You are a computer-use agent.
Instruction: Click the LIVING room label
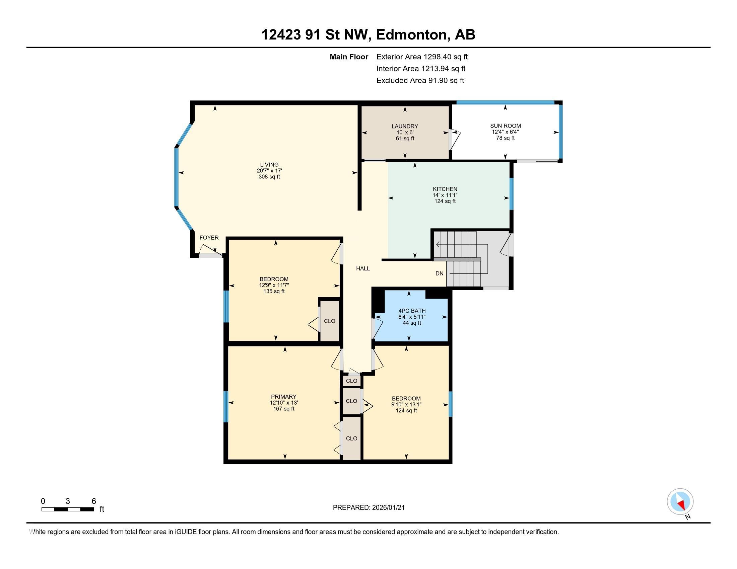tap(269, 165)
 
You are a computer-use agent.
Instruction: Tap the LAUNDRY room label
tap(405, 127)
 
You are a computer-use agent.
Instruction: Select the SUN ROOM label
tap(505, 126)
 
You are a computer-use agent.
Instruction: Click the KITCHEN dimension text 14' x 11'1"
tap(445, 195)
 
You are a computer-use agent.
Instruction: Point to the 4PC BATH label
tap(412, 311)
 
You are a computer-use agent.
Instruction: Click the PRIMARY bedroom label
tap(283, 397)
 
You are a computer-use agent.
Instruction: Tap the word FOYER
tap(209, 238)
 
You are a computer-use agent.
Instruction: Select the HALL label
tap(363, 269)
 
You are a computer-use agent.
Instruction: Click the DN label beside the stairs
tap(439, 274)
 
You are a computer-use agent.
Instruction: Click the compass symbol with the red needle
tap(680, 501)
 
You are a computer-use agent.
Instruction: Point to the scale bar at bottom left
tap(67, 509)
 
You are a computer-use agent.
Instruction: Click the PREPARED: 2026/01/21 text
tap(368, 508)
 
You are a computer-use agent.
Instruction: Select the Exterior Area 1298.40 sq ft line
tap(422, 57)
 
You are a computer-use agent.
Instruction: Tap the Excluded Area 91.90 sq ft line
tap(420, 81)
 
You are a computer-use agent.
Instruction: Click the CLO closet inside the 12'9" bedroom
tap(329, 321)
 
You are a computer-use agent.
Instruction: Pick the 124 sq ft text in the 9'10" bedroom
tap(406, 411)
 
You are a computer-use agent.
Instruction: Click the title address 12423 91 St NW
tap(368, 35)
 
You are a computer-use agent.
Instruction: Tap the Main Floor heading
tap(349, 57)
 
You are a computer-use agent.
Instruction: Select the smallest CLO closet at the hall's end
tap(351, 381)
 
